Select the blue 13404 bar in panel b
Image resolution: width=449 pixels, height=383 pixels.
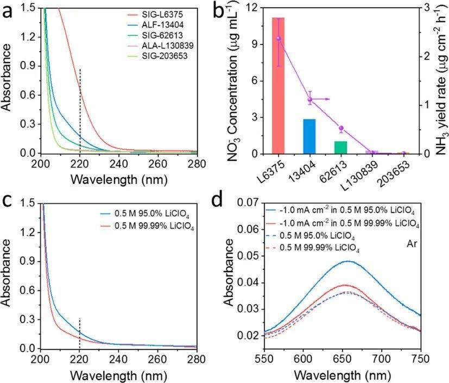click(309, 136)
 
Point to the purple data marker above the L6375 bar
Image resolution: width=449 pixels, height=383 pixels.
click(279, 38)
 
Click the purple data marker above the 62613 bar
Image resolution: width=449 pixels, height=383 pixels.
click(340, 129)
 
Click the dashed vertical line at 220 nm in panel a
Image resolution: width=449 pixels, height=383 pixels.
click(80, 109)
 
